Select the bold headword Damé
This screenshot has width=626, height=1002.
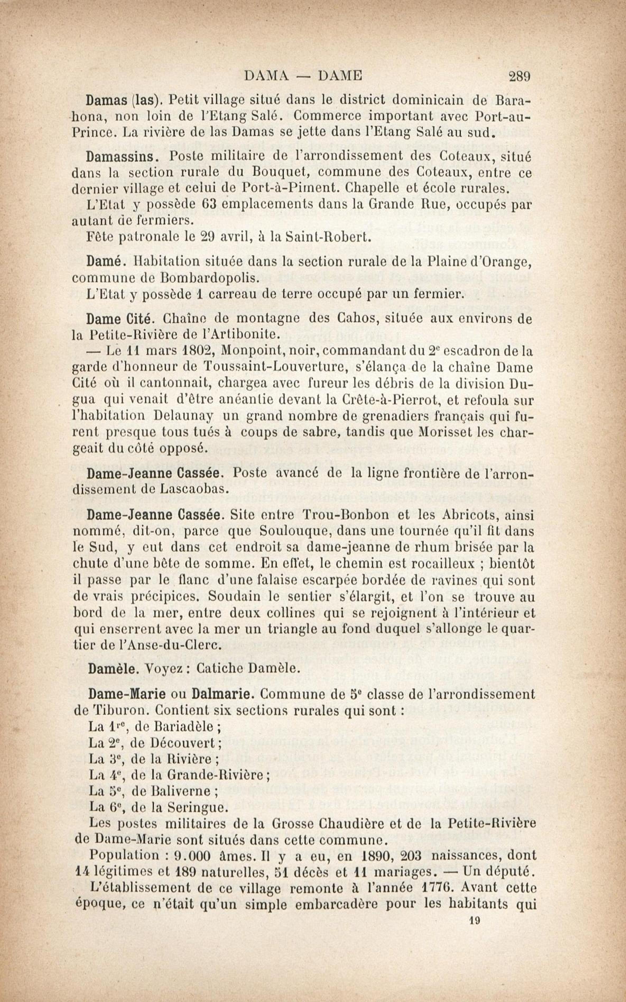pyautogui.click(x=104, y=262)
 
